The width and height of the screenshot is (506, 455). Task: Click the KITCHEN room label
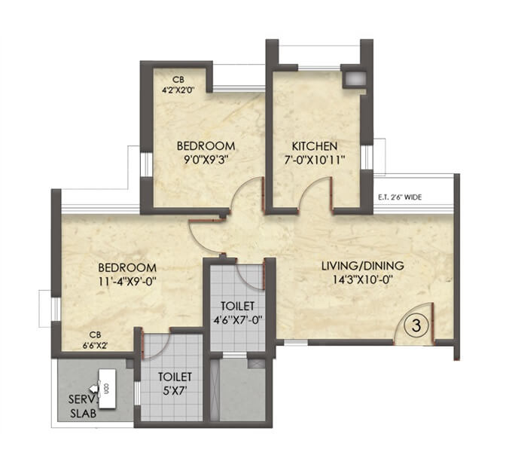(315, 145)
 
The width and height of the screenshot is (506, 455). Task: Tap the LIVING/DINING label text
(362, 265)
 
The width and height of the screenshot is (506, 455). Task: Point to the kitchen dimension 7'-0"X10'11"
(315, 160)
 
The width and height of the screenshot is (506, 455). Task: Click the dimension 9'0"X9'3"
(206, 160)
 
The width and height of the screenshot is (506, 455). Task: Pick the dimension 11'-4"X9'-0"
(126, 282)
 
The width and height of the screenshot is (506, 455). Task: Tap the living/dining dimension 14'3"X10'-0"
(362, 280)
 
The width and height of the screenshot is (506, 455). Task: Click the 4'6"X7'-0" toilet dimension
(238, 319)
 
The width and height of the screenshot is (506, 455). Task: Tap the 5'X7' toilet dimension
(175, 390)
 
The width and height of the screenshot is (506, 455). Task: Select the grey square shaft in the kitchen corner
(352, 79)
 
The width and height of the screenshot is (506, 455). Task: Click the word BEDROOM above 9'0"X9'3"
(206, 145)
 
